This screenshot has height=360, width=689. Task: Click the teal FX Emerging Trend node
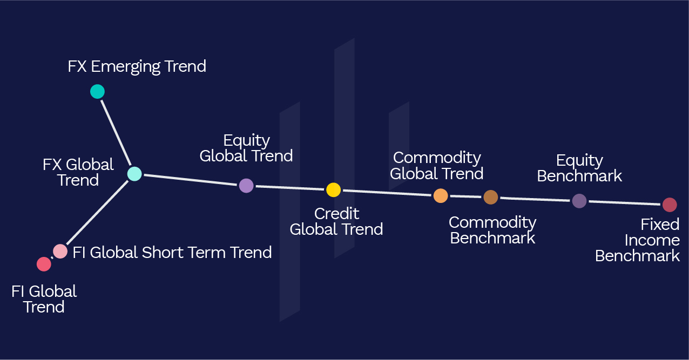97,92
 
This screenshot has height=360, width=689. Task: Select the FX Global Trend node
134,174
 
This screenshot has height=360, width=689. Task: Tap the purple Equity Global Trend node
246,186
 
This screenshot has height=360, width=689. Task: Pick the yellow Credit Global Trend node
333,189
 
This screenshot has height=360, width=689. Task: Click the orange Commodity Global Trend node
441,195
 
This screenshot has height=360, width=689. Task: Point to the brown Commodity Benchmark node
490,197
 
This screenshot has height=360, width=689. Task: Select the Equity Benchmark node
579,201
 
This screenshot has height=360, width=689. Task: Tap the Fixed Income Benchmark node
670,205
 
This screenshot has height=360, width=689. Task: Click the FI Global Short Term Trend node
60,251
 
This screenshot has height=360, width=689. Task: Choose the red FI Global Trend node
44,264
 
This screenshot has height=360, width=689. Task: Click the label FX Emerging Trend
137,66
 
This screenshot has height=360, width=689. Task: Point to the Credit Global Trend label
336,221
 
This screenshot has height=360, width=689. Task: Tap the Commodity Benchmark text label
492,230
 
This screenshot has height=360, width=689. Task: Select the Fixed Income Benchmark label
638,240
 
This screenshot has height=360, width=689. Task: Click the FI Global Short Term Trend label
172,252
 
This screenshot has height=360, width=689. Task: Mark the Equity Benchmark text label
579,168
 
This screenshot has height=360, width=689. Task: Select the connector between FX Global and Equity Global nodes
190,180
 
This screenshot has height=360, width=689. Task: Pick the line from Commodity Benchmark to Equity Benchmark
535,199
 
